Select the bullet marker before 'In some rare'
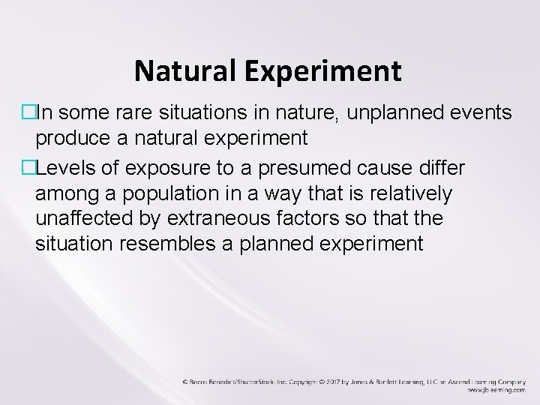tap(29, 113)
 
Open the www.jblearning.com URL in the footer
tap(496, 390)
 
